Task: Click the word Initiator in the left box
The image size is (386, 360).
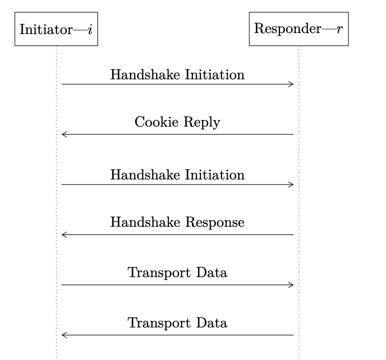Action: pos(46,29)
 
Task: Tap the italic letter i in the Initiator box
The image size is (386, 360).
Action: pos(90,29)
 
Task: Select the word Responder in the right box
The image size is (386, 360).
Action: pos(287,29)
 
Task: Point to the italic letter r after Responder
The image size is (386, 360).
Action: pos(339,29)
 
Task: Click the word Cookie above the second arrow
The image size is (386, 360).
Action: pos(156,122)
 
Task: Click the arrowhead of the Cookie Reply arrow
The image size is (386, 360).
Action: pos(65,134)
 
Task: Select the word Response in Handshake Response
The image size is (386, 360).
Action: pos(215,223)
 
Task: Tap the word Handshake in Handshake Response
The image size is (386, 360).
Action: pos(145,222)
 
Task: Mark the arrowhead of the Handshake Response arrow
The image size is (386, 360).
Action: pos(65,234)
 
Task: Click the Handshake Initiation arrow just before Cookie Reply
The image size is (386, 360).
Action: pos(177,84)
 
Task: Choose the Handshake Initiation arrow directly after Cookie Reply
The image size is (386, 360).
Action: pos(177,185)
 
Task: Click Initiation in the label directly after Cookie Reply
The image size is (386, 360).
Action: pos(215,175)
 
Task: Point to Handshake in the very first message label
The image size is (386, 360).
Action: pos(145,74)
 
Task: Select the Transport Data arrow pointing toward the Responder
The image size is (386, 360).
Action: pos(177,285)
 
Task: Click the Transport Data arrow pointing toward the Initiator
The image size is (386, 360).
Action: pos(177,335)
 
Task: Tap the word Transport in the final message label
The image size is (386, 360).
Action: pos(159,323)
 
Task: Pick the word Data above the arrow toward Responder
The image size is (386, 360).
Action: pos(212,273)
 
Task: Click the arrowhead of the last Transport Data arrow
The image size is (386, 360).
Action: pos(65,335)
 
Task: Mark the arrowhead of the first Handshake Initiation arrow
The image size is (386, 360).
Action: pos(291,84)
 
